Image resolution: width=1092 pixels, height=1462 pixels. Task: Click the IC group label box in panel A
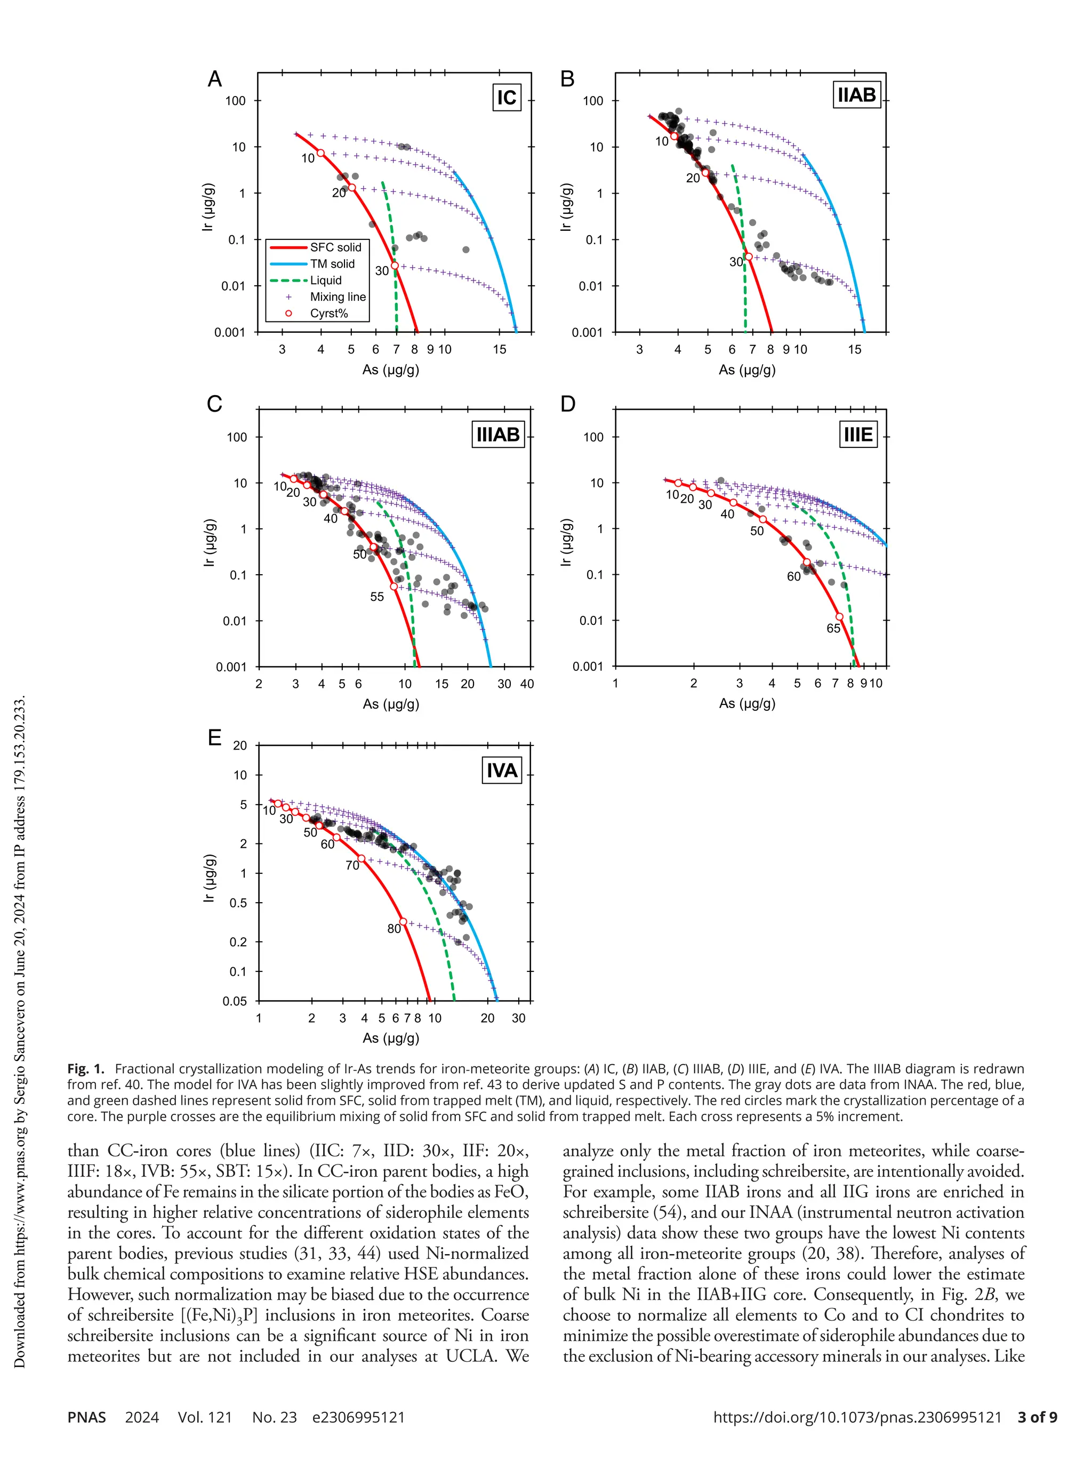point(507,98)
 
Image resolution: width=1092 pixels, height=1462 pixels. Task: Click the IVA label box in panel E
point(502,770)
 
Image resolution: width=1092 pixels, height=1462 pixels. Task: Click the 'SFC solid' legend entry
point(335,247)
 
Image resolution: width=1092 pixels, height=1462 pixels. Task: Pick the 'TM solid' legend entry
point(332,264)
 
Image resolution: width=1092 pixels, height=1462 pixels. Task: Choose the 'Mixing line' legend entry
point(337,297)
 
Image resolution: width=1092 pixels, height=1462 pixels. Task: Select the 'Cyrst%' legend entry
point(328,314)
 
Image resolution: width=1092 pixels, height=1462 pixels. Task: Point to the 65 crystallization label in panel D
point(833,629)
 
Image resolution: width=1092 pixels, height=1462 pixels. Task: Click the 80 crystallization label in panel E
point(394,929)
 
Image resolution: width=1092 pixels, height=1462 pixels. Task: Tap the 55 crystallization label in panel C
point(377,597)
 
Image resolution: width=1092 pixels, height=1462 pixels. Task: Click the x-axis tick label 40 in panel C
point(527,684)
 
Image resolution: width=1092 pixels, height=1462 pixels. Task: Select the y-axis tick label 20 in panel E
point(240,745)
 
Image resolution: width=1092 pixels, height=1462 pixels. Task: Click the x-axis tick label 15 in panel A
point(499,350)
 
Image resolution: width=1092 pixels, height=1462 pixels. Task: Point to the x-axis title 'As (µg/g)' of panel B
point(747,369)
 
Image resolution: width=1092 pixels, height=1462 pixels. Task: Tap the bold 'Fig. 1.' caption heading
point(86,1069)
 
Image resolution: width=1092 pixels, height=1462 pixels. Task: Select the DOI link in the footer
point(857,1417)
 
